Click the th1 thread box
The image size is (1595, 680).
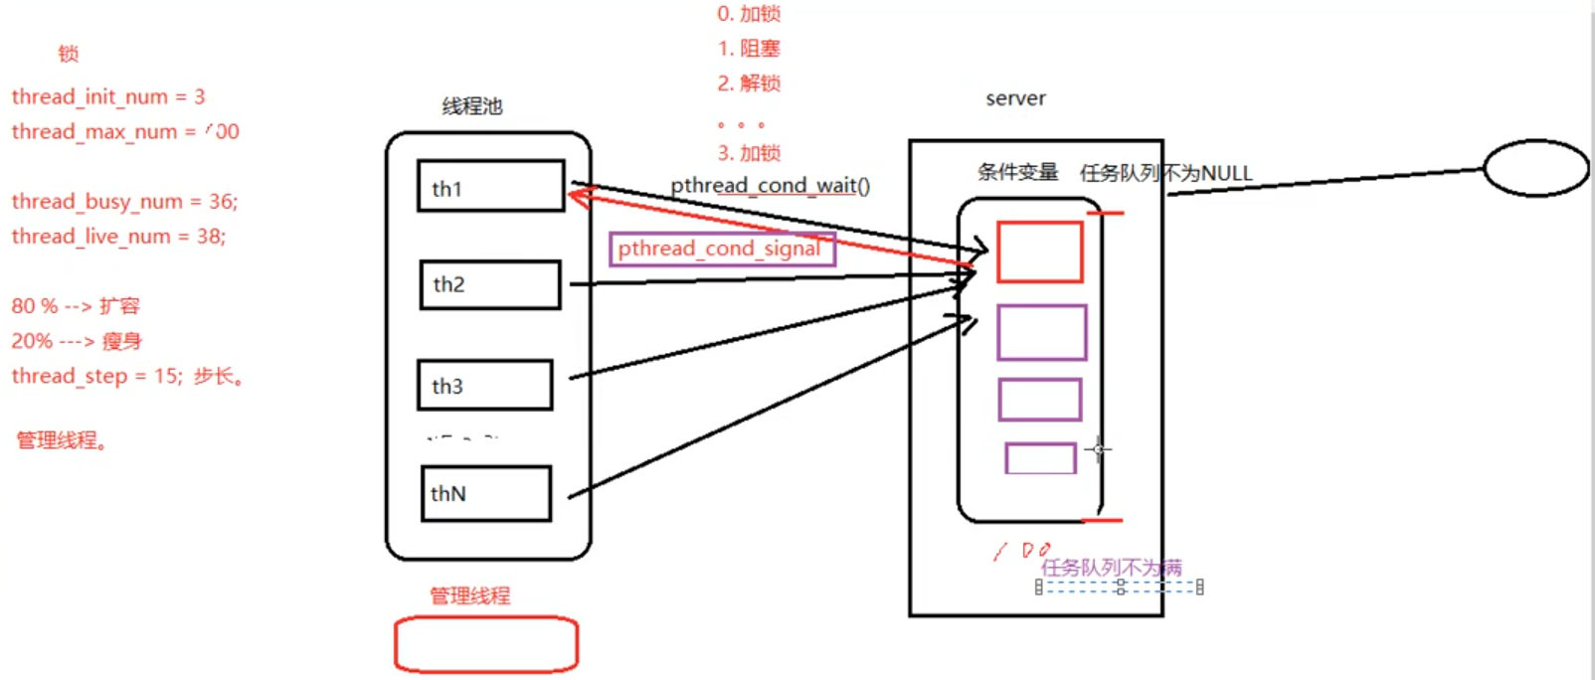pyautogui.click(x=491, y=186)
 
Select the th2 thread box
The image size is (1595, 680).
pyautogui.click(x=489, y=284)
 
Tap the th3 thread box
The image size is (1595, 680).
pyautogui.click(x=484, y=385)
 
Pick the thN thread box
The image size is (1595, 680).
pyautogui.click(x=485, y=493)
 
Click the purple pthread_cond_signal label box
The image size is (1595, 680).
pyautogui.click(x=722, y=249)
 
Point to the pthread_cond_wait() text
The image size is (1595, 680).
pyautogui.click(x=770, y=186)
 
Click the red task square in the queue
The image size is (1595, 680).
pyautogui.click(x=1039, y=253)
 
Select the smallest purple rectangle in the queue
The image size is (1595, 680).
pyautogui.click(x=1040, y=458)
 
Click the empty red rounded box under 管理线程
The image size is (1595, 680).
pyautogui.click(x=486, y=644)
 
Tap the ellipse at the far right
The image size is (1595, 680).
pyautogui.click(x=1535, y=168)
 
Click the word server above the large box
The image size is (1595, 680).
pyautogui.click(x=1015, y=98)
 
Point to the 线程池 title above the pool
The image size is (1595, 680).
pyautogui.click(x=472, y=106)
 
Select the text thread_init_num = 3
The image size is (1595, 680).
pyautogui.click(x=108, y=96)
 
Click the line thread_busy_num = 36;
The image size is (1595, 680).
pyautogui.click(x=124, y=201)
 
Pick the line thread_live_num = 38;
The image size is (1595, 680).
pyautogui.click(x=118, y=236)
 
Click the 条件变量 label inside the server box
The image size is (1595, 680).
pyautogui.click(x=1017, y=172)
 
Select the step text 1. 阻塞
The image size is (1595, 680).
pyautogui.click(x=749, y=49)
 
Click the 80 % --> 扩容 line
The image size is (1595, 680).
pyautogui.click(x=76, y=306)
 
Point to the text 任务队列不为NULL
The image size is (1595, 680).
pyautogui.click(x=1165, y=173)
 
